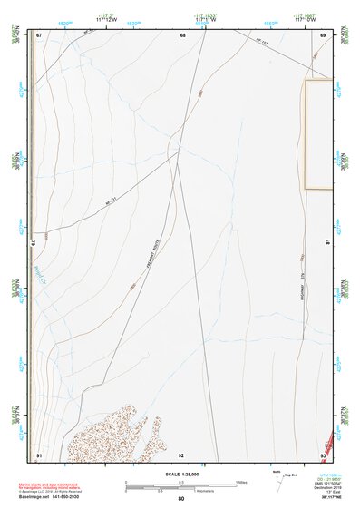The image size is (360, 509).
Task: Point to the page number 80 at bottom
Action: [x=181, y=499]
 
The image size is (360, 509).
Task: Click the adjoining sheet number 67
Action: [x=39, y=35]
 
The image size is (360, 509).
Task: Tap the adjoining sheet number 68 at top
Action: [x=182, y=35]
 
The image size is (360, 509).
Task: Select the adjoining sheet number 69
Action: [x=324, y=35]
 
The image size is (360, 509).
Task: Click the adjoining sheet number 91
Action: [x=39, y=454]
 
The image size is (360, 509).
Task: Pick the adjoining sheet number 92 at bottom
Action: [x=181, y=454]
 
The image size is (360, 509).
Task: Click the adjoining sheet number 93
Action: [x=324, y=454]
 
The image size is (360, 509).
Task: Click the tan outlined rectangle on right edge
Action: [x=318, y=134]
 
